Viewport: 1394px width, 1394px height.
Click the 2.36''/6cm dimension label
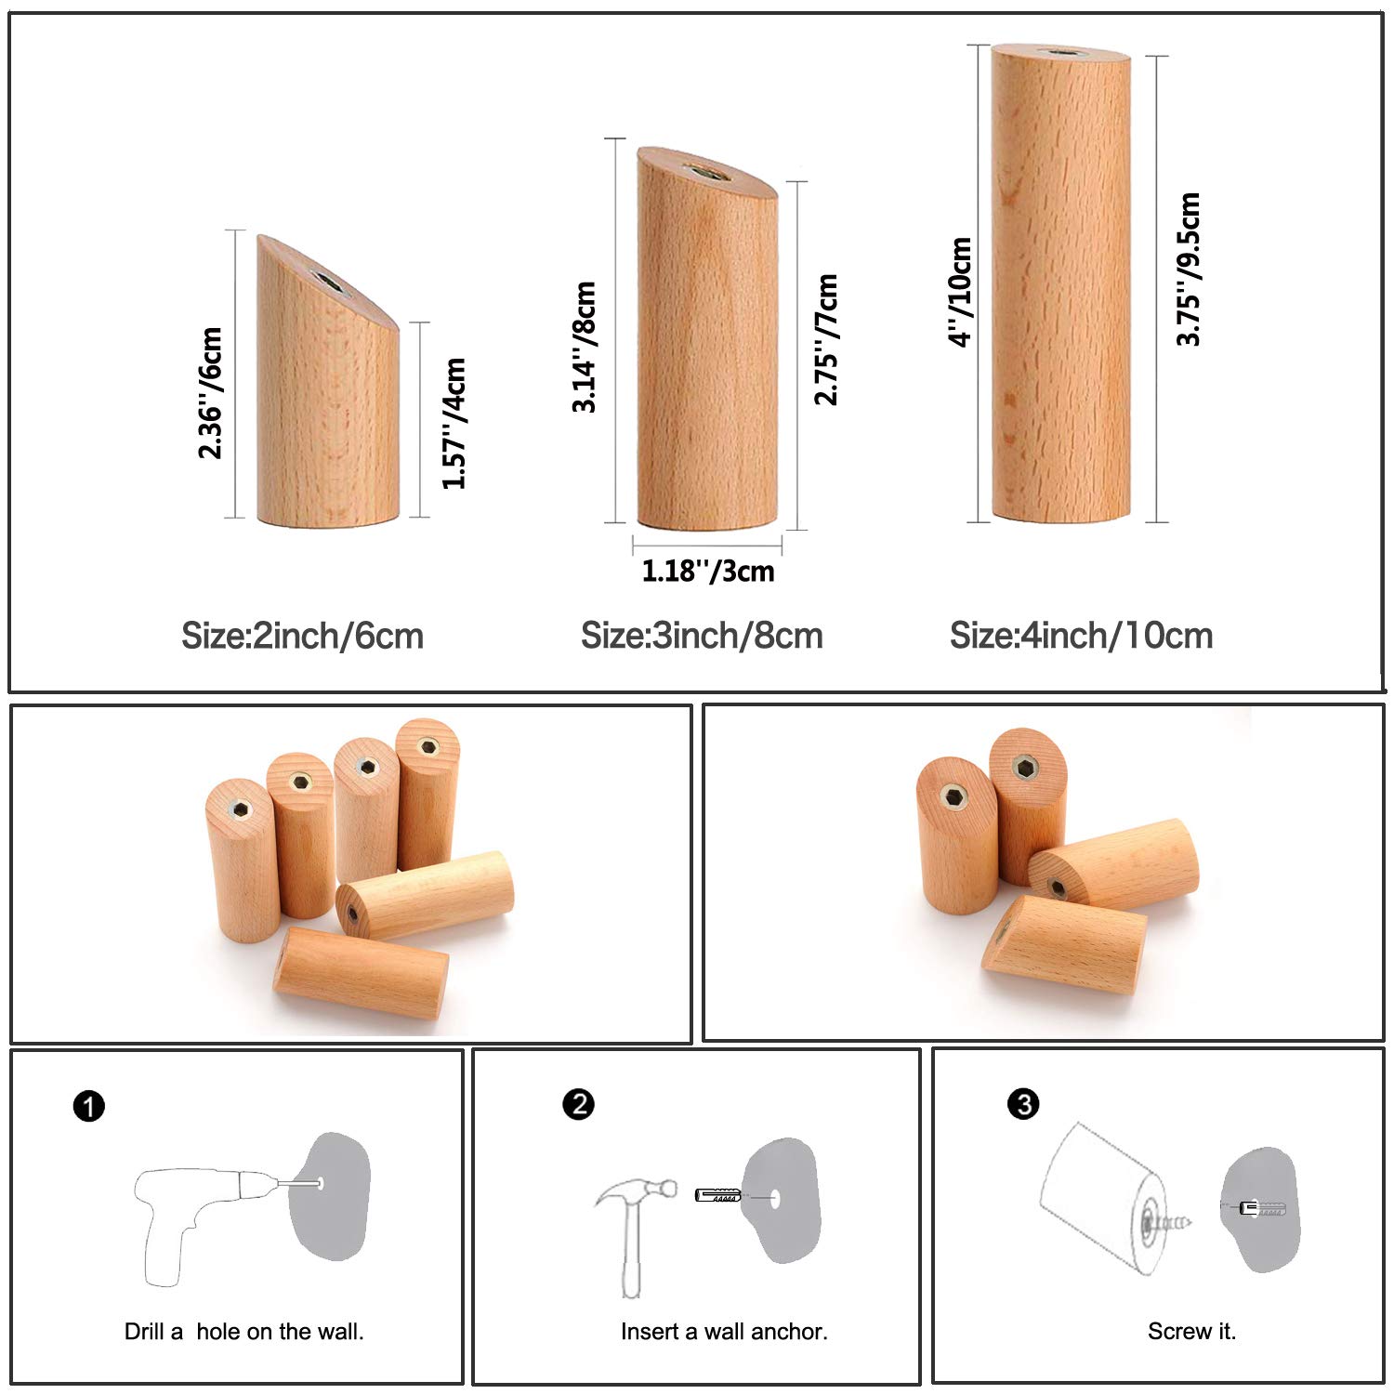211,393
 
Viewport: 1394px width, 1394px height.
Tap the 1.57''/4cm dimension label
454,423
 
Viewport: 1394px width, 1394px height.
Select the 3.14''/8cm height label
584,347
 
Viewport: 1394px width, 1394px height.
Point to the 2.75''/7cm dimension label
826,339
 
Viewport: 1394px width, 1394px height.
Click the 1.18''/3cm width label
708,571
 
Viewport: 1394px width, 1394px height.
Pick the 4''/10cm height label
960,292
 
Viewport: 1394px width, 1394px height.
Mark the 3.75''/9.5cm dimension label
1189,270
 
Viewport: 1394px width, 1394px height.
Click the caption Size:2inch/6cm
303,637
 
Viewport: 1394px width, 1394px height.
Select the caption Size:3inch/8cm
703,637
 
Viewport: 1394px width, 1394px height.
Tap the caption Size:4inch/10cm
1082,637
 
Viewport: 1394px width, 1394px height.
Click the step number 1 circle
89,1107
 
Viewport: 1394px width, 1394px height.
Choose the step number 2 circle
578,1104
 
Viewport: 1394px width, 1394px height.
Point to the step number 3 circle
1023,1104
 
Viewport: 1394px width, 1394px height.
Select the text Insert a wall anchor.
724,1332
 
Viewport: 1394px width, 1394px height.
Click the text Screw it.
1192,1332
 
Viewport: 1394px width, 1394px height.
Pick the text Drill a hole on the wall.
244,1332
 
